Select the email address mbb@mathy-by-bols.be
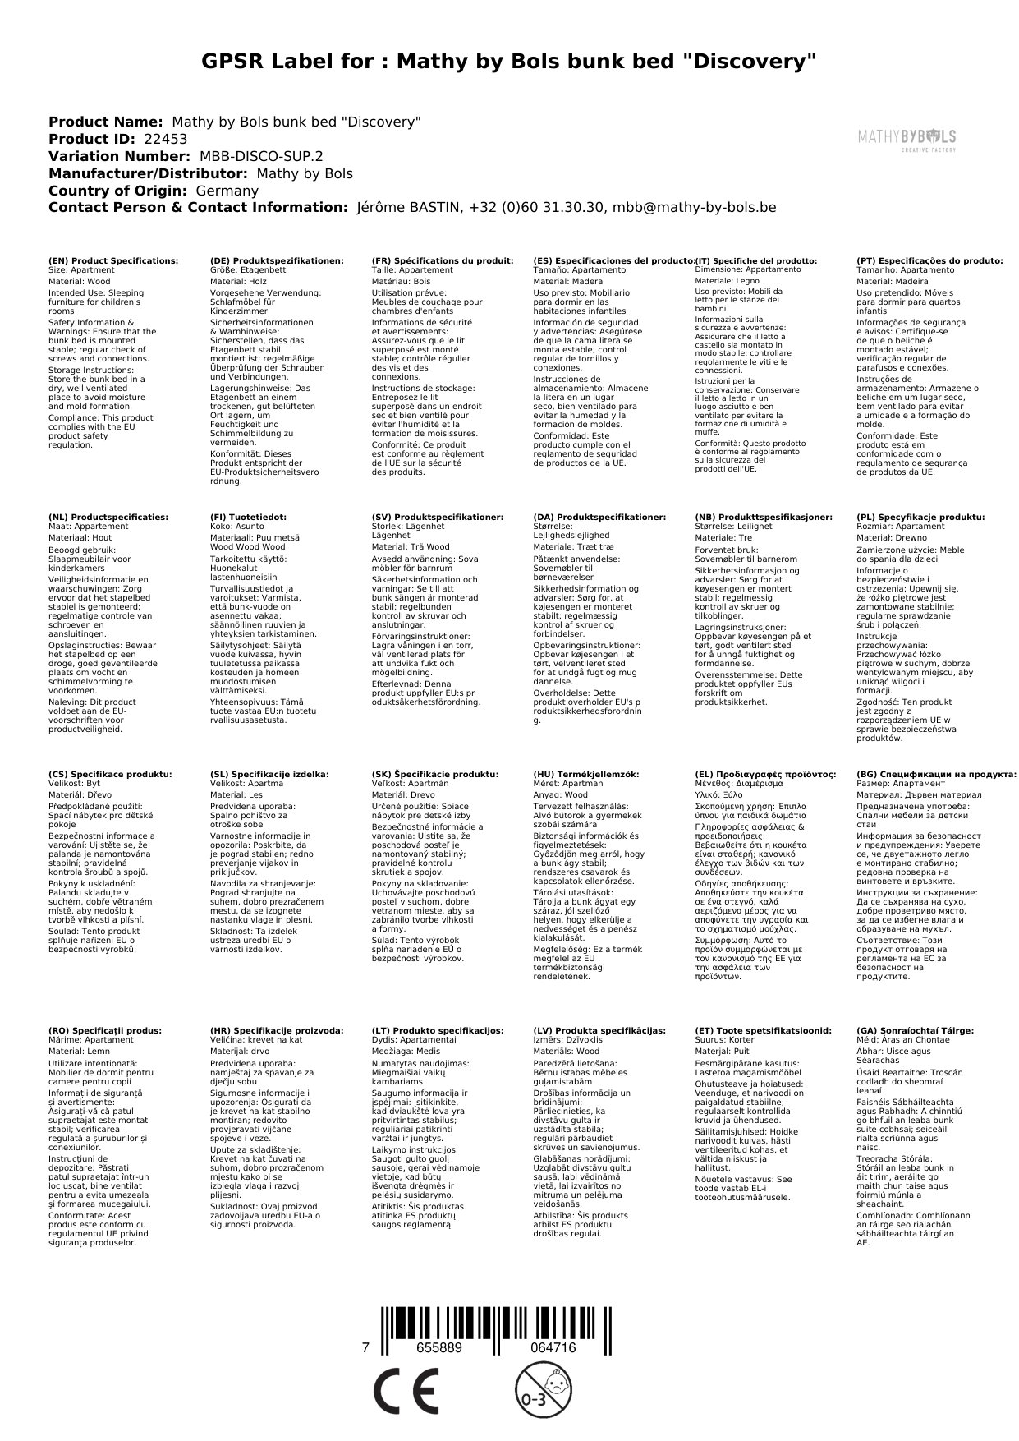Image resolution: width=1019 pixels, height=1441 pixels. tap(694, 208)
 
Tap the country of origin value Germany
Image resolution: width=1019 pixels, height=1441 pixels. tap(227, 191)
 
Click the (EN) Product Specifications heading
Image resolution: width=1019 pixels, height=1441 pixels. tap(113, 260)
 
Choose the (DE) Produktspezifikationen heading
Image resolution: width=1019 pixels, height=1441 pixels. tap(277, 260)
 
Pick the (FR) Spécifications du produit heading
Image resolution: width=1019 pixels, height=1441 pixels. tap(443, 260)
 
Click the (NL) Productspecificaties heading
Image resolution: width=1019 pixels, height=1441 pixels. tap(108, 518)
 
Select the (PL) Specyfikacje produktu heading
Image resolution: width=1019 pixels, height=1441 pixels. tap(920, 518)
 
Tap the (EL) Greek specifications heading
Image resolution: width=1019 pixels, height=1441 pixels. tap(765, 774)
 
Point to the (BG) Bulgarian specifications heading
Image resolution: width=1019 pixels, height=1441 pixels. tap(936, 774)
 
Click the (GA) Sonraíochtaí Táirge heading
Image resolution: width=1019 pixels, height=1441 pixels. tap(915, 1030)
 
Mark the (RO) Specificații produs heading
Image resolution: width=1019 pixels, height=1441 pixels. tap(105, 1030)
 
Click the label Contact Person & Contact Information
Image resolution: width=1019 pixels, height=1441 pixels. tap(198, 208)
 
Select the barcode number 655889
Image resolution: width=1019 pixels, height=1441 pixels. tap(439, 1348)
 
